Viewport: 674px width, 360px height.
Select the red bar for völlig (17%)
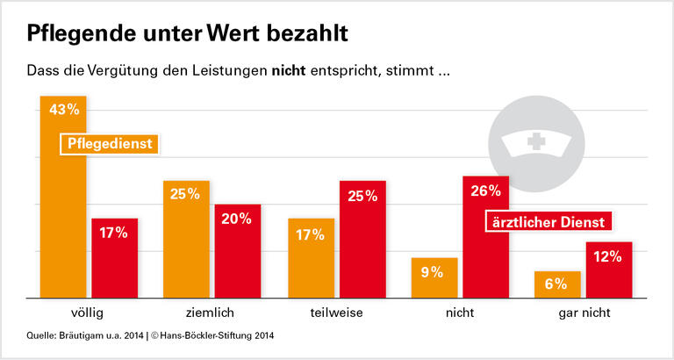(115, 258)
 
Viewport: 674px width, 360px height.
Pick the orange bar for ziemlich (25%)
(186, 239)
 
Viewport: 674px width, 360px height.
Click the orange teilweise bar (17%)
(311, 258)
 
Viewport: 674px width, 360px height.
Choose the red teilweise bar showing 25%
(362, 239)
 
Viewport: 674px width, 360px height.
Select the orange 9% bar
(434, 277)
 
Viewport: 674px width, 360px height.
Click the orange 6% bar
(557, 284)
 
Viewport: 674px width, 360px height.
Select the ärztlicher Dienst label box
(549, 223)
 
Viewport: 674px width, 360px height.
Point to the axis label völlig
(89, 313)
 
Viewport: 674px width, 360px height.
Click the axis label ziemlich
(212, 313)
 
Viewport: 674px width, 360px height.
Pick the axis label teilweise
(336, 313)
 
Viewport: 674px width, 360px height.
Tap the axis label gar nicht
(583, 313)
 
